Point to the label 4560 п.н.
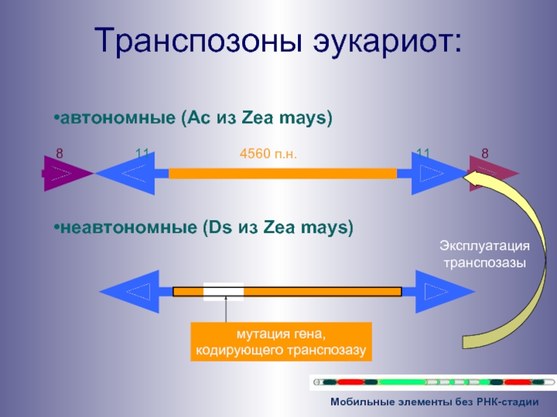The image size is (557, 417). pos(268,154)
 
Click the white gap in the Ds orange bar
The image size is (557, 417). pos(223,291)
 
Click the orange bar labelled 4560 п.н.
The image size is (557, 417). pos(282,173)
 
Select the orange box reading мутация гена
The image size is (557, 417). pos(281,342)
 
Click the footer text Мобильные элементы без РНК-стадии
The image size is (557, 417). pos(434,402)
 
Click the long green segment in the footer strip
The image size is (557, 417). pos(402,382)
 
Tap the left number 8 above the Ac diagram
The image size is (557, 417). pos(59,154)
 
